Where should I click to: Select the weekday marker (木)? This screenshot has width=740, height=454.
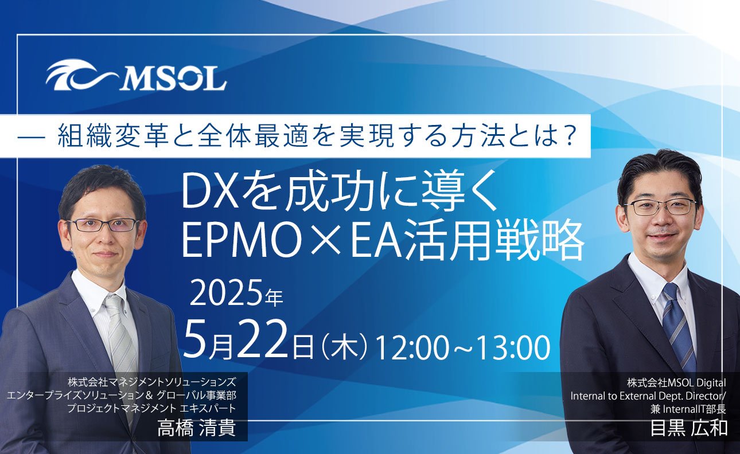(x=345, y=347)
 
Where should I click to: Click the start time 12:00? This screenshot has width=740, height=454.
(x=412, y=347)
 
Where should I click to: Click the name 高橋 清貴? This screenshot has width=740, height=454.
(x=197, y=428)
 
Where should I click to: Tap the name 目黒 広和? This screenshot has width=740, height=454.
(x=690, y=428)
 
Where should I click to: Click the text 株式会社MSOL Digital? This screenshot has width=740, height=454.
(x=676, y=383)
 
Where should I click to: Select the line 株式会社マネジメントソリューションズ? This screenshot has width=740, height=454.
(x=152, y=383)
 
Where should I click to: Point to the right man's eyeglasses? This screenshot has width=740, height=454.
(x=661, y=207)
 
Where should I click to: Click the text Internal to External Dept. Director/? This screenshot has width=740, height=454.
(x=648, y=396)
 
